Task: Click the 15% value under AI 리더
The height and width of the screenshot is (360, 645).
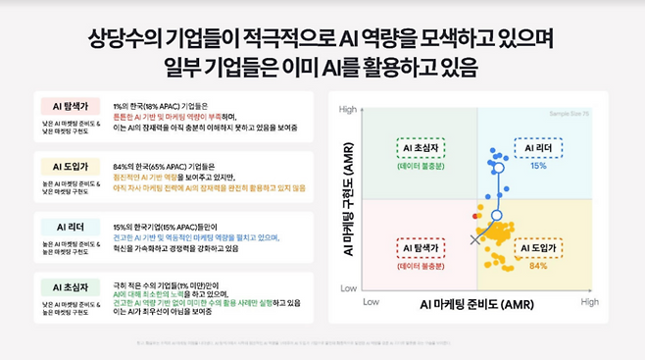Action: click(538, 166)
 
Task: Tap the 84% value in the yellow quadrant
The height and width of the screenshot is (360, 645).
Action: click(538, 266)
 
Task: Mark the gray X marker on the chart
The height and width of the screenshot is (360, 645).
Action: click(476, 238)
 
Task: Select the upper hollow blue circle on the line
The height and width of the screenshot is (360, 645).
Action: click(499, 168)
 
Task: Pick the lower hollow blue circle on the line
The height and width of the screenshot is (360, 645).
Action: click(496, 215)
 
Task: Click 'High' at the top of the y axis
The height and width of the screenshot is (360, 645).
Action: click(347, 110)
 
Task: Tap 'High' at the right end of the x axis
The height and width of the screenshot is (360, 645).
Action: click(588, 302)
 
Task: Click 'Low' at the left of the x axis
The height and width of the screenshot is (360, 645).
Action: click(371, 302)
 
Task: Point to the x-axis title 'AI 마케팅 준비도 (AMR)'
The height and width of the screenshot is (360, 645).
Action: click(478, 305)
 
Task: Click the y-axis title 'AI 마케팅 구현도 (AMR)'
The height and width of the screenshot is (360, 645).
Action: click(347, 199)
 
